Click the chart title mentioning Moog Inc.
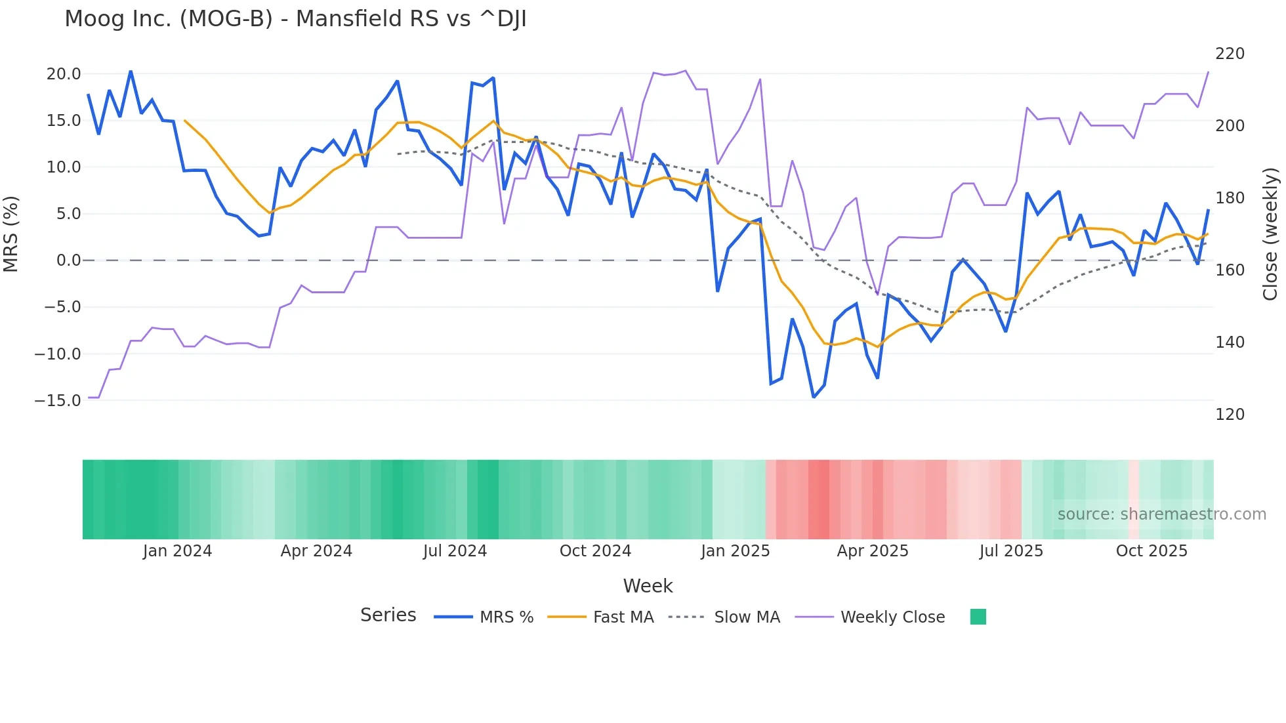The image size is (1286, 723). (x=295, y=19)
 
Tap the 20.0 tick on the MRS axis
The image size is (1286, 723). (x=64, y=74)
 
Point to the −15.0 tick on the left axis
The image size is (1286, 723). (x=58, y=401)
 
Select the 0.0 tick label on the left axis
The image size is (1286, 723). (x=68, y=260)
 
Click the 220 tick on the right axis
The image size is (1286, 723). (x=1230, y=54)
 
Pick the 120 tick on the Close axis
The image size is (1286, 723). (x=1230, y=415)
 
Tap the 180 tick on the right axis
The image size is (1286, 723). (x=1230, y=198)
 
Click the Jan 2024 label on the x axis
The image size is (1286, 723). (x=177, y=551)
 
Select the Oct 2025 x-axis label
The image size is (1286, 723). (x=1151, y=551)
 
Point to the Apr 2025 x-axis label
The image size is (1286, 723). (x=872, y=551)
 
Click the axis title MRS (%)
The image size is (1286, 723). (x=11, y=234)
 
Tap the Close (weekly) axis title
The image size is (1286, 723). (x=1270, y=234)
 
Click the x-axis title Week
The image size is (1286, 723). (x=648, y=586)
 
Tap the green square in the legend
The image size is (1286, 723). (x=978, y=617)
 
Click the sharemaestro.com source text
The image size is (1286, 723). (x=1161, y=514)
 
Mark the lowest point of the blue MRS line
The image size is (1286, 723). (x=814, y=397)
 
